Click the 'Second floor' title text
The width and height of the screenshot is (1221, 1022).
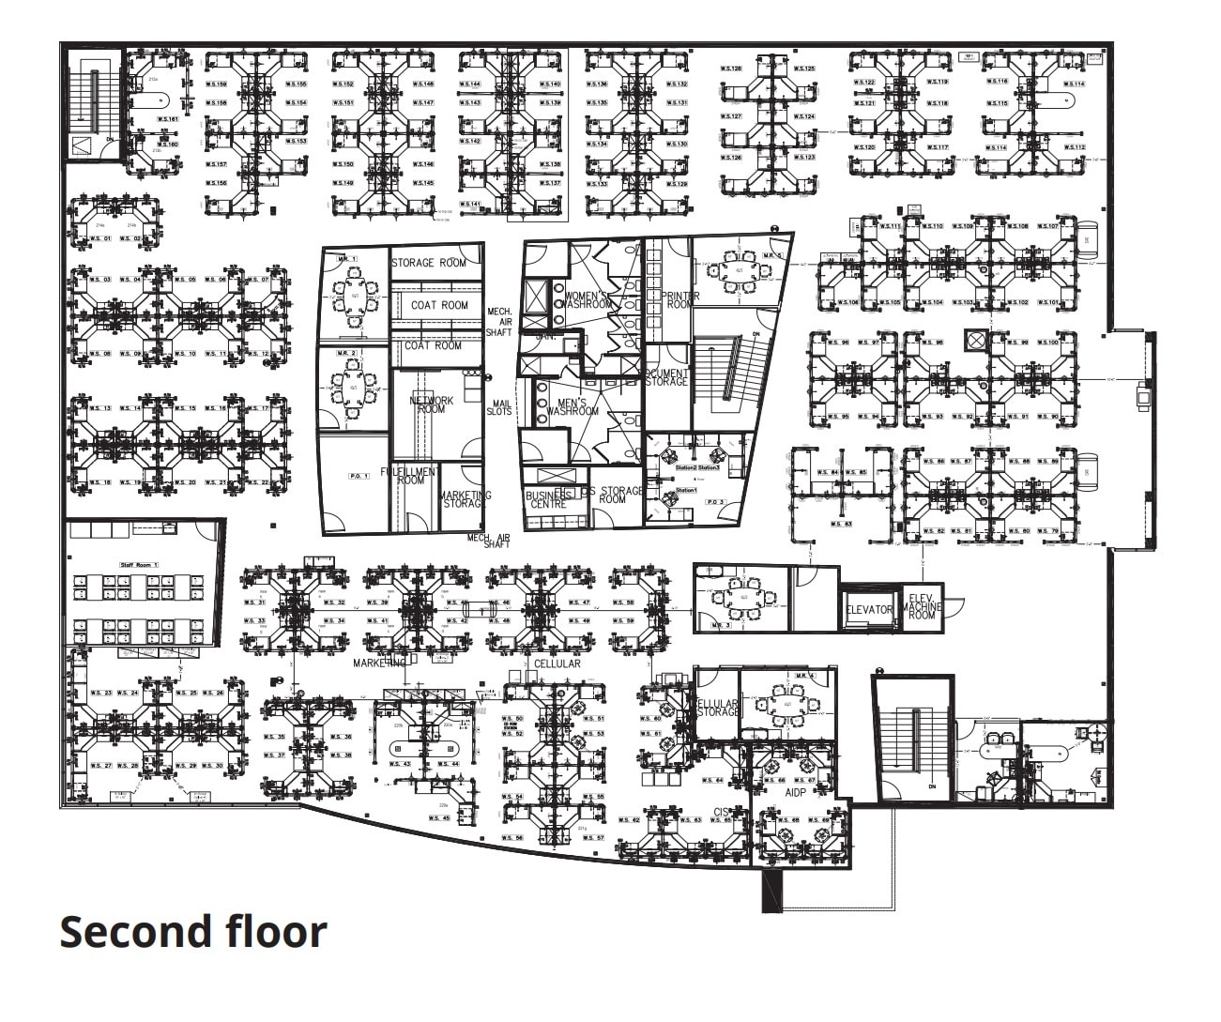point(193,932)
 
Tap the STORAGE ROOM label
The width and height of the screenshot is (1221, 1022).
point(428,263)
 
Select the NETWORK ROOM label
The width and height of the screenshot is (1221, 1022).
point(431,404)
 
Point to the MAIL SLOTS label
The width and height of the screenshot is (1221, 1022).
point(500,407)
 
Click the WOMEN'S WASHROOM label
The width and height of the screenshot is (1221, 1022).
point(588,299)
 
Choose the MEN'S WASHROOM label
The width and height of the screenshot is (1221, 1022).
point(572,406)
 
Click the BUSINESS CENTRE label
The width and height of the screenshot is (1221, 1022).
point(546,499)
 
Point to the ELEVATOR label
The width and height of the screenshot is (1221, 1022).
point(869,610)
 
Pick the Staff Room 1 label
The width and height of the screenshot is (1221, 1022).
point(140,565)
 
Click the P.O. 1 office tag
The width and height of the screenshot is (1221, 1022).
point(359,477)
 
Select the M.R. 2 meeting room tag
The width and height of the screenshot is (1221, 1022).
point(347,352)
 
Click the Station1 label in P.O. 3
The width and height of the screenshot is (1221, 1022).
point(686,491)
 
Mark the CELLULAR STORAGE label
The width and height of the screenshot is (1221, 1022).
point(718,708)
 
